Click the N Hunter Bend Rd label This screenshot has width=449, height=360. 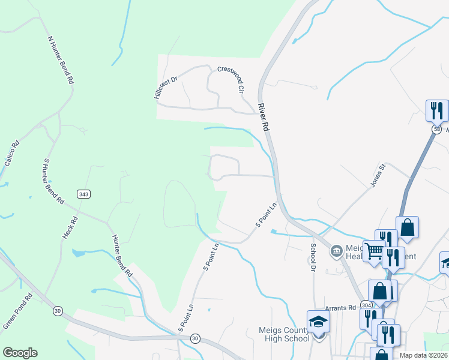pos(61,59)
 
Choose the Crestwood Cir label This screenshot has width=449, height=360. pos(231,79)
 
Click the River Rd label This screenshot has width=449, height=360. pos(262,118)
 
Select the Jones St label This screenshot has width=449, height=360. pos(377,175)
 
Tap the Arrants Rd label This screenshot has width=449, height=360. pos(340,308)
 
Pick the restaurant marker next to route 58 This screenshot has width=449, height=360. pos(436,110)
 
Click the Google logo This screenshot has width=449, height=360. pos(20,353)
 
